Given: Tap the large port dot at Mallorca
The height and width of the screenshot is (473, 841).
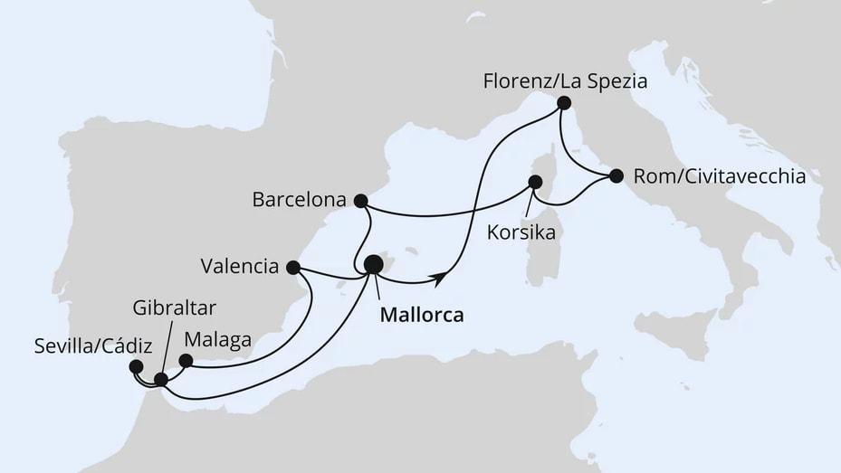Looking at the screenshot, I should (373, 264).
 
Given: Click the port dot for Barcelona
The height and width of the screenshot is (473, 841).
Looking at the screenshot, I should (360, 201).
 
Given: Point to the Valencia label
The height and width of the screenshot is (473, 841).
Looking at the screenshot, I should (240, 267).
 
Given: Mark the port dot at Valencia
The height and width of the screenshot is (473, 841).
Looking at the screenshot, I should (292, 267).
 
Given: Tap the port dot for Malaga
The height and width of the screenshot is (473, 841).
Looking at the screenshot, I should (186, 360).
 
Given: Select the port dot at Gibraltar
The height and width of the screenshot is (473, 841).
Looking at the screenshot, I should (161, 380).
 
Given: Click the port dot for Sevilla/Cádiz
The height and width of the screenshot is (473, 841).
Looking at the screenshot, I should (136, 366).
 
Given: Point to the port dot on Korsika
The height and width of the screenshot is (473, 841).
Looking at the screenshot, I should (535, 181).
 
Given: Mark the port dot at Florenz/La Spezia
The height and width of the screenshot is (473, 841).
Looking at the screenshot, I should (563, 103).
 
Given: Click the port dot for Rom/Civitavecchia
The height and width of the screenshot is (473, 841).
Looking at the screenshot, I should (616, 175).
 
